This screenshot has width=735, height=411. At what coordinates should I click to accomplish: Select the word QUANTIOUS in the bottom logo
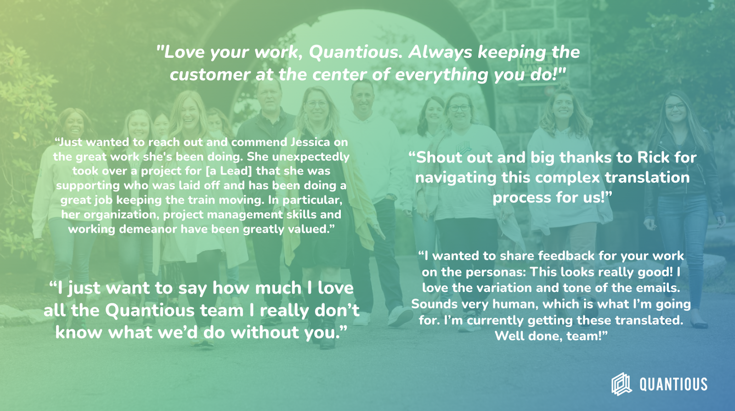coord(673,384)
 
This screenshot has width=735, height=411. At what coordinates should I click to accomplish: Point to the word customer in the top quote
coord(210,75)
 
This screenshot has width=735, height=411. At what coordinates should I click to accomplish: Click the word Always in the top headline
coord(440,52)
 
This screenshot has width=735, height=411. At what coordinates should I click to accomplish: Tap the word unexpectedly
coord(311,157)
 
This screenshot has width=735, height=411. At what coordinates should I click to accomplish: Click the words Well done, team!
coord(551,336)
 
